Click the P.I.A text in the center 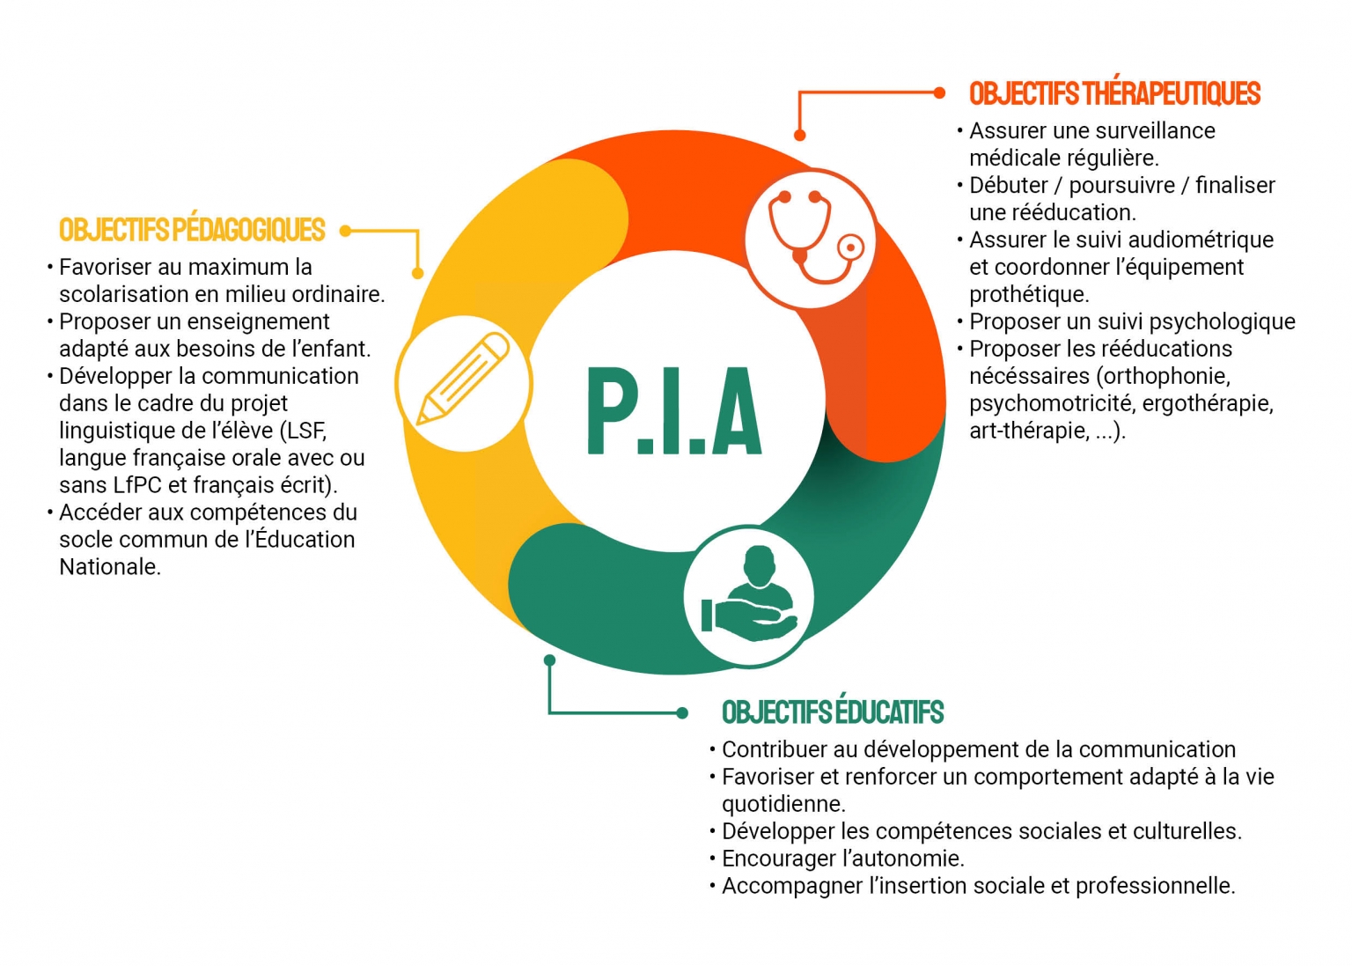click(674, 411)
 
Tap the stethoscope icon click(811, 238)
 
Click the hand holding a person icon click(749, 595)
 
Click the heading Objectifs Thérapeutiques click(1114, 93)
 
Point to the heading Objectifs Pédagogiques click(192, 230)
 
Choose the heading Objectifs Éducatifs click(833, 712)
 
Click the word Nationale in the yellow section click(109, 567)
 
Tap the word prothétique click(1028, 294)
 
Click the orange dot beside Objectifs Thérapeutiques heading click(939, 92)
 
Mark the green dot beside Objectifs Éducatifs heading click(681, 712)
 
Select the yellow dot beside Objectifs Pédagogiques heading click(346, 231)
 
